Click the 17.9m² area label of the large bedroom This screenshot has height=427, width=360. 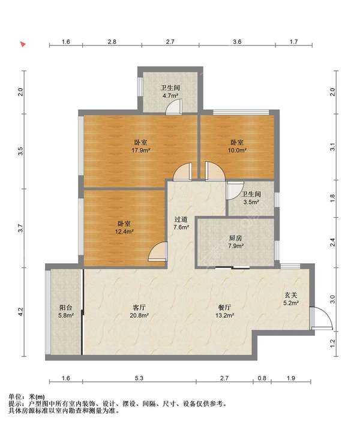tap(141, 150)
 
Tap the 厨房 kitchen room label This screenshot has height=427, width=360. tap(235, 238)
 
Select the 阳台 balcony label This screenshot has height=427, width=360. tap(66, 308)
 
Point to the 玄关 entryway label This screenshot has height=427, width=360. tap(291, 295)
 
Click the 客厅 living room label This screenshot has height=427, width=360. tap(139, 308)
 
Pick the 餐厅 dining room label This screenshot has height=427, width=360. tap(224, 308)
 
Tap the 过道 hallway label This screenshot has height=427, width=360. tap(181, 219)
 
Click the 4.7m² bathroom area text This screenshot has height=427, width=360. tap(170, 95)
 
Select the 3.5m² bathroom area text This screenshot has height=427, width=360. tap(251, 202)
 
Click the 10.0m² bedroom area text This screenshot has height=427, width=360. tap(237, 150)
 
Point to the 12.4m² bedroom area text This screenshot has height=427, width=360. tap(124, 231)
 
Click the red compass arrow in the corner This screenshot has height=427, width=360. tap(23, 44)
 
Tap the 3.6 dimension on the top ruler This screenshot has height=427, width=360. tap(237, 41)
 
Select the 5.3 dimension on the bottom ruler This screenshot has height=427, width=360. tap(139, 378)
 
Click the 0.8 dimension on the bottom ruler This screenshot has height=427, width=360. tap(262, 378)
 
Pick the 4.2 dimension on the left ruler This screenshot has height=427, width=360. tap(21, 312)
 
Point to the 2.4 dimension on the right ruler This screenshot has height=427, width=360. tap(332, 242)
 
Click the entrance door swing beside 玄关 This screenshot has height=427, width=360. tap(321, 318)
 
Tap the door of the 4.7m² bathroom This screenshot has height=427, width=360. tap(175, 107)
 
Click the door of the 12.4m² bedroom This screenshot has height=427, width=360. tap(158, 251)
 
